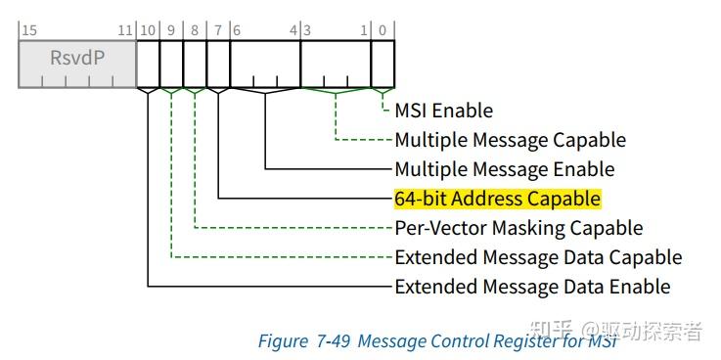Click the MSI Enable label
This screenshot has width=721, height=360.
(444, 111)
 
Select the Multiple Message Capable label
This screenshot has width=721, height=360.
(511, 140)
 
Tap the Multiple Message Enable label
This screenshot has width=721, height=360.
(505, 169)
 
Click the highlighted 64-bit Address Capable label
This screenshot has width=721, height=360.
(498, 199)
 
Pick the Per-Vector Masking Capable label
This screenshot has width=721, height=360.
(518, 228)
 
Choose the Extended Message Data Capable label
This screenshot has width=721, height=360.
(538, 257)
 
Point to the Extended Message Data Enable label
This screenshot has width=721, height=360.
(532, 287)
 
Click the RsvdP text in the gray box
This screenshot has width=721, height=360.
(77, 58)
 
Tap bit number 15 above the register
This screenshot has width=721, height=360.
(29, 30)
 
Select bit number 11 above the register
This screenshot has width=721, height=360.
(125, 30)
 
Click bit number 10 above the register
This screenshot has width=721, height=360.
(148, 30)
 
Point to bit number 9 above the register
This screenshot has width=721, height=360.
(171, 30)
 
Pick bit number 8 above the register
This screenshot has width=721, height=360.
(195, 30)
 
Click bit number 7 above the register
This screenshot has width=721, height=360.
(218, 30)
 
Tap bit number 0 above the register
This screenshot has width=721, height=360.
(383, 30)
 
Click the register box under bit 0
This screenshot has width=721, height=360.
(383, 64)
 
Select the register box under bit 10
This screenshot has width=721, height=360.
(148, 64)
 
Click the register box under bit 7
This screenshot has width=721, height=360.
(218, 64)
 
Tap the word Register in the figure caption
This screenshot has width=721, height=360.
(526, 341)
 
